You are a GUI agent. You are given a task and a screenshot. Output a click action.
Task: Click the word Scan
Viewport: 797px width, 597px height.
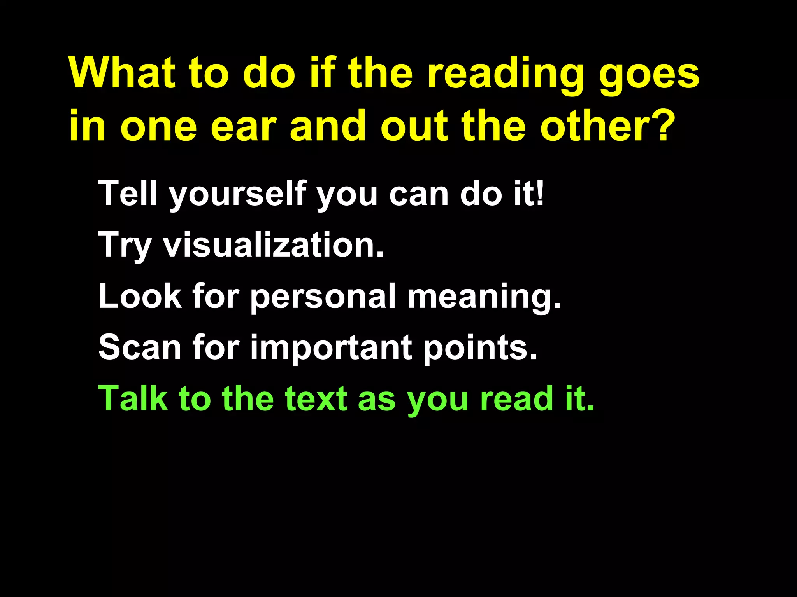[x=139, y=347]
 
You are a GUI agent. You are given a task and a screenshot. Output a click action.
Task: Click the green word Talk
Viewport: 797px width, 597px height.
[x=132, y=398]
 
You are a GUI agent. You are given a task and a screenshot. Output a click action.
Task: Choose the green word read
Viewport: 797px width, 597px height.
[x=516, y=399]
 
